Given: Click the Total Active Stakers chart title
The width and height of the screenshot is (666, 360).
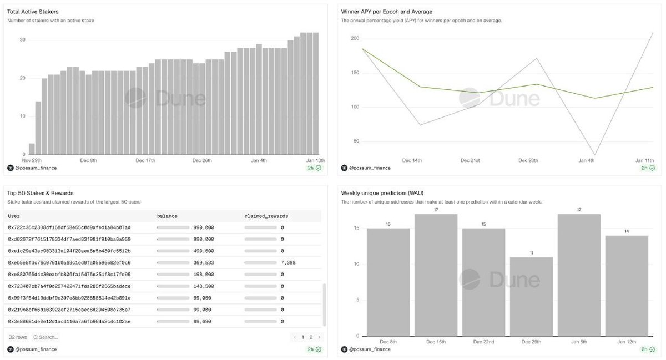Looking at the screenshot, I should tap(33, 12).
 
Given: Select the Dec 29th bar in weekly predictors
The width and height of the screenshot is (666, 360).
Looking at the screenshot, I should tap(532, 296).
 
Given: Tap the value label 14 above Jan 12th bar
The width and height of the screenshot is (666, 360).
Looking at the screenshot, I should tap(627, 231).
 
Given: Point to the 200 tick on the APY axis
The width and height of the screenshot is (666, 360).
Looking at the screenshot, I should tap(355, 38).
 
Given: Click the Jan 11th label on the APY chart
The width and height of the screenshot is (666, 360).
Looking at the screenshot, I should tap(644, 160).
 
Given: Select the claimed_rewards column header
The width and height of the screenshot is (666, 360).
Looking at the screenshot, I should tap(266, 216).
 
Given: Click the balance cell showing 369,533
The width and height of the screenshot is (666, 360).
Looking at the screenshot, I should tap(203, 262).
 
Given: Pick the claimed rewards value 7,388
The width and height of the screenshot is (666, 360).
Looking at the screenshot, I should tap(287, 262).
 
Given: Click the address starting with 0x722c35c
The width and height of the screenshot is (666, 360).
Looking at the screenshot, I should tap(69, 227).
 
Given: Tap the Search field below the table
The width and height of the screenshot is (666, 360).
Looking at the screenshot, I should tap(47, 337).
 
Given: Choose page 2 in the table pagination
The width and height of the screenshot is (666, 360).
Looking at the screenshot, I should tap(311, 337).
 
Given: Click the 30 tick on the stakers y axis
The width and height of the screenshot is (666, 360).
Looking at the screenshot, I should tap(23, 40).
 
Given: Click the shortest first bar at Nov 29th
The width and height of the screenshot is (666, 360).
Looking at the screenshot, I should tap(32, 149).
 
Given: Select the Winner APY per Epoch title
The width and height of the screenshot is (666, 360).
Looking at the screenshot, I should tap(386, 12).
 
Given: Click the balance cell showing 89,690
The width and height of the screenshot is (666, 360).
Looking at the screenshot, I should tap(202, 321).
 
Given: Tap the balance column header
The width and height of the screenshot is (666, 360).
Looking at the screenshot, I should tap(167, 216).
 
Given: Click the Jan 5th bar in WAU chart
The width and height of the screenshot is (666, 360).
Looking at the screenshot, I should tap(579, 275).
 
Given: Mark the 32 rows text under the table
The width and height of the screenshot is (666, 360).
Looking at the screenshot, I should tap(18, 337).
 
